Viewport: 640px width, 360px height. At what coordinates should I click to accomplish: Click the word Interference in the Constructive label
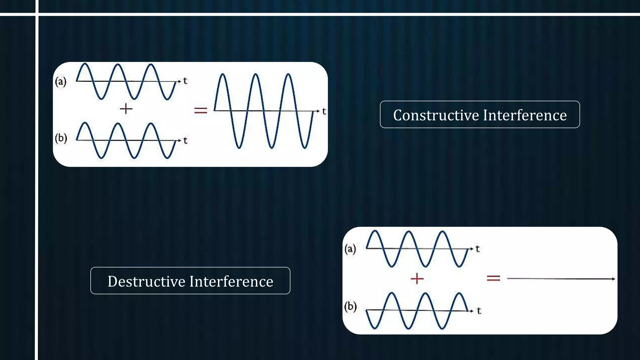(x=525, y=115)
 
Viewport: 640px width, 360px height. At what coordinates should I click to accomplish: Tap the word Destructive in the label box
(x=147, y=281)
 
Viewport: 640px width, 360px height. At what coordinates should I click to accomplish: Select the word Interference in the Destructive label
(x=232, y=281)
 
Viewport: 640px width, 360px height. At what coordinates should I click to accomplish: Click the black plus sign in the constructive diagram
(x=126, y=109)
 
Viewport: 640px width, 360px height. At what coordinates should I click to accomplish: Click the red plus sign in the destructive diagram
(x=417, y=278)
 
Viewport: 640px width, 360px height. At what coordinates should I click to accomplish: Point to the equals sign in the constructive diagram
(x=201, y=110)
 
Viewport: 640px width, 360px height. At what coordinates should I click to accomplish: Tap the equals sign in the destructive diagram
(x=493, y=278)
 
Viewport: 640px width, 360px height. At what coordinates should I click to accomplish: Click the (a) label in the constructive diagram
(x=61, y=82)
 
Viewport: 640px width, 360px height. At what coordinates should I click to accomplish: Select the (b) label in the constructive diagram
(x=61, y=138)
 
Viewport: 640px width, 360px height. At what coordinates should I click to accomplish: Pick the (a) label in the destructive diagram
(x=350, y=249)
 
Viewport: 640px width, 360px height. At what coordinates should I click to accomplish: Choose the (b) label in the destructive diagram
(x=350, y=306)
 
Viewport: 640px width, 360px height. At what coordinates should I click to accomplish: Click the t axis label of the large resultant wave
(x=324, y=111)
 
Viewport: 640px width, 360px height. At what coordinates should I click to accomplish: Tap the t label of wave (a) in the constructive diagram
(x=185, y=81)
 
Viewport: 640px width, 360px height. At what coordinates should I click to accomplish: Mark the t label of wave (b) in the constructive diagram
(x=185, y=141)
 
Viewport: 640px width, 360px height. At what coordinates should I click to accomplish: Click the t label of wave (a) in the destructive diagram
(x=477, y=249)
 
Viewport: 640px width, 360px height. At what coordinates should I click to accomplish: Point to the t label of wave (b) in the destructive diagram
(x=479, y=311)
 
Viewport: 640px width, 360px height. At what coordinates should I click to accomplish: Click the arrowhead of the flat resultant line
(x=613, y=279)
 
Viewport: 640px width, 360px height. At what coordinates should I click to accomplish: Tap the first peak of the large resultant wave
(x=222, y=74)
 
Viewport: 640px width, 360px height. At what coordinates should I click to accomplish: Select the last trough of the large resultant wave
(x=305, y=147)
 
